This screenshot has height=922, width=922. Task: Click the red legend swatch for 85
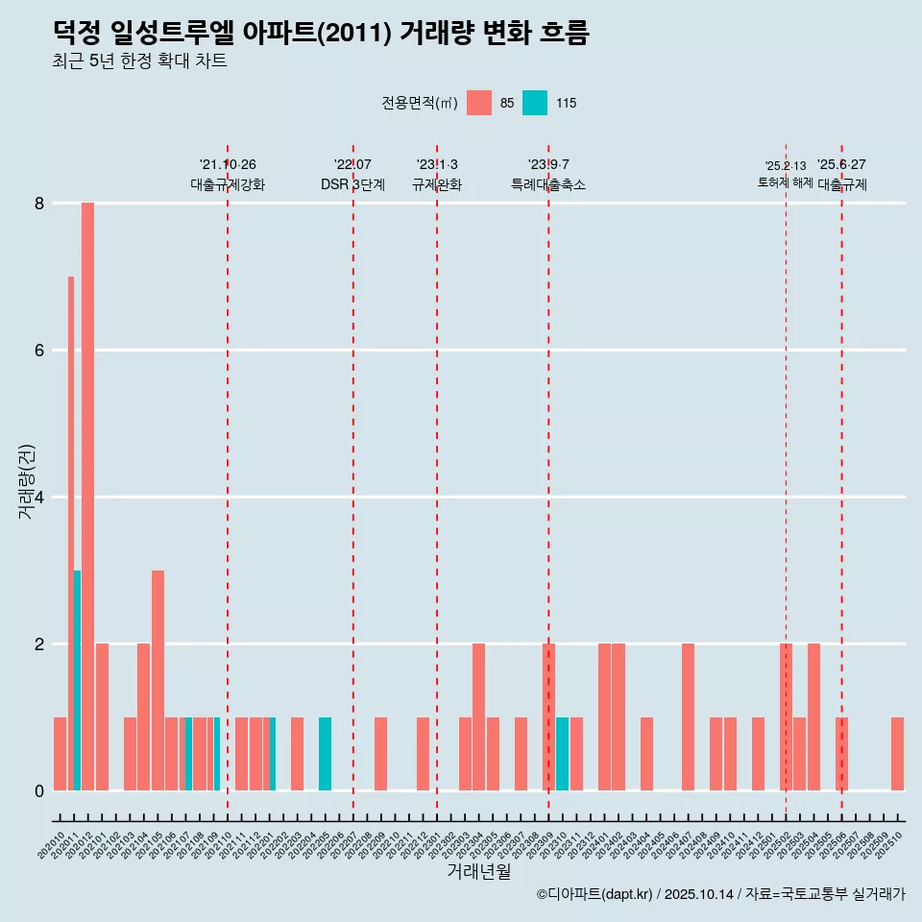click(478, 103)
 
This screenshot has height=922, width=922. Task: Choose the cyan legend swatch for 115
click(535, 103)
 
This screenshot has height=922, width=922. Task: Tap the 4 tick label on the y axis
click(39, 497)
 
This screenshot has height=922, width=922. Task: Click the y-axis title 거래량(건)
click(26, 481)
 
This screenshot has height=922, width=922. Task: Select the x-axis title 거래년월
click(478, 872)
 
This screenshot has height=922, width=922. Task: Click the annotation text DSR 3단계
click(352, 185)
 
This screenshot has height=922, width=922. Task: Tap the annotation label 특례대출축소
click(547, 185)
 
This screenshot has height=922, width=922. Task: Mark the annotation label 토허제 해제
click(785, 182)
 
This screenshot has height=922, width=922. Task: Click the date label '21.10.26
click(228, 164)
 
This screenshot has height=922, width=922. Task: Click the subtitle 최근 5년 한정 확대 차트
click(139, 61)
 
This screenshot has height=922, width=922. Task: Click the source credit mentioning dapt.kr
click(720, 894)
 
